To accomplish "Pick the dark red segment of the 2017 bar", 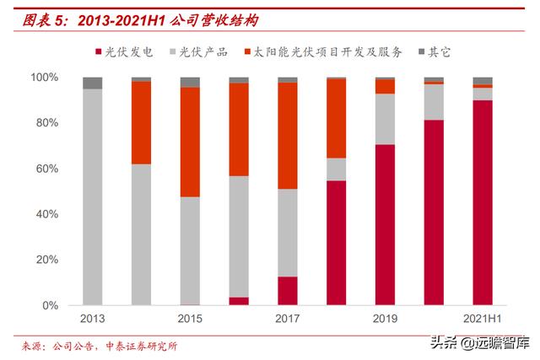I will tap(288, 291).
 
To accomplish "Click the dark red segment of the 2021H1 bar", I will tap(482, 202).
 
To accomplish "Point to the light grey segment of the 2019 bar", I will tap(385, 119).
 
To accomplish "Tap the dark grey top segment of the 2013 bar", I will tap(93, 83).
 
